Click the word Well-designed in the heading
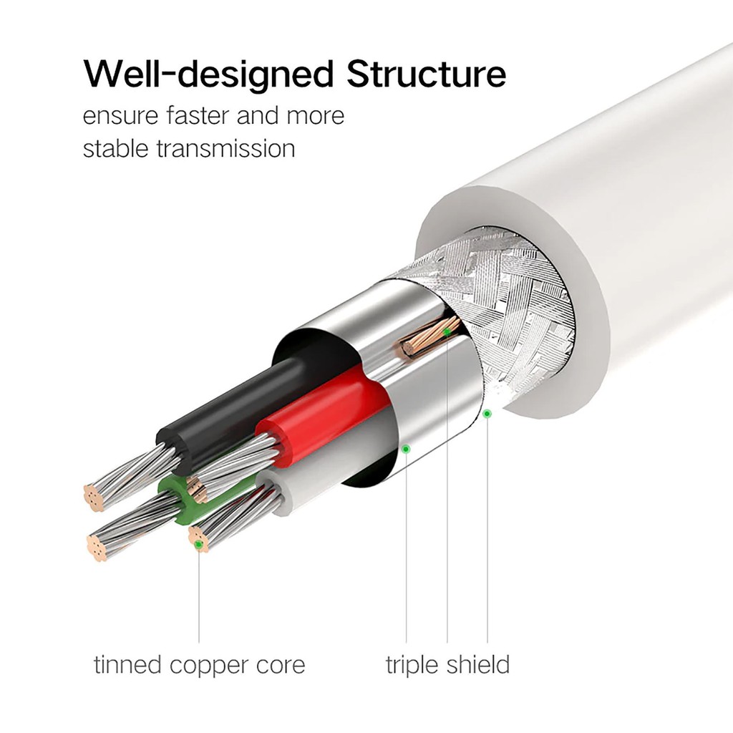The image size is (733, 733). (208, 75)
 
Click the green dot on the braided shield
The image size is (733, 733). (487, 413)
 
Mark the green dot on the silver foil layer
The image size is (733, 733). (406, 449)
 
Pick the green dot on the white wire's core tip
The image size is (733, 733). (198, 545)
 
